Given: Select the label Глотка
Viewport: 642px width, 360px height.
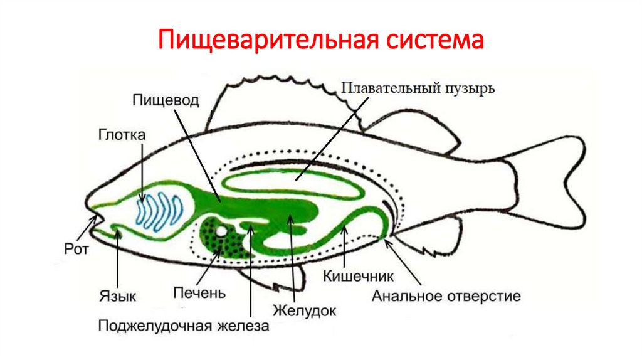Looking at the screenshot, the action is coord(122,134).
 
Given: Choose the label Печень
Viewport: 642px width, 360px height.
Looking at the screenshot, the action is coord(200,292).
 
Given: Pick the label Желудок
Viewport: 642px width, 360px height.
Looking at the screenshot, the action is coord(305,310).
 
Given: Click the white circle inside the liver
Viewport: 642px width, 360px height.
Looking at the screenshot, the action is coord(221,231).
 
